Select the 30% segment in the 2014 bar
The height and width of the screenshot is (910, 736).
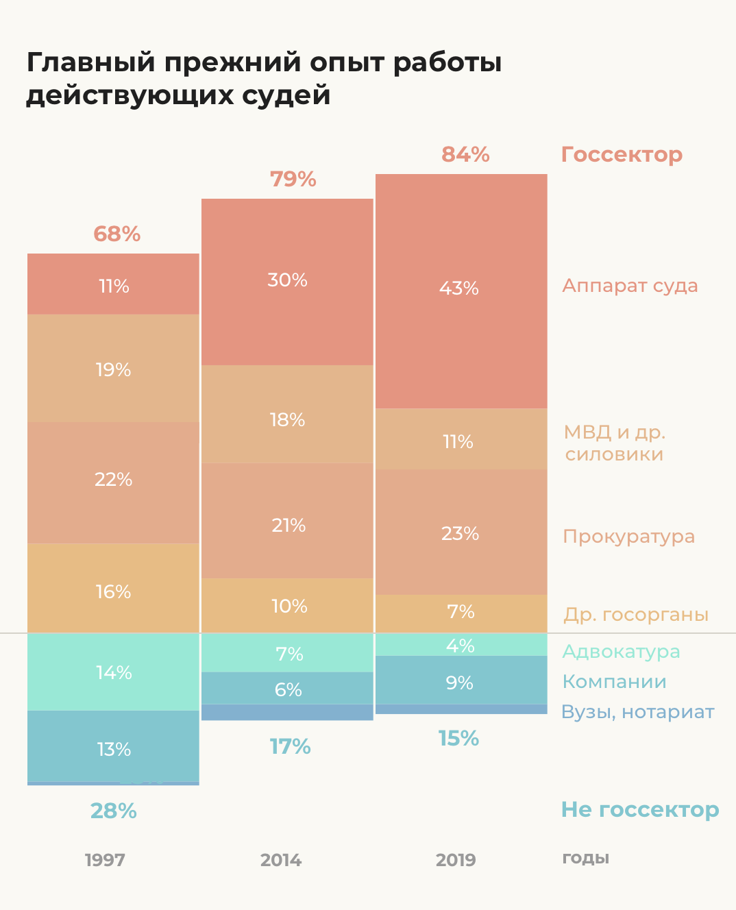pos(287,281)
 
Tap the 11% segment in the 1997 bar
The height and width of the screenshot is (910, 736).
pos(114,284)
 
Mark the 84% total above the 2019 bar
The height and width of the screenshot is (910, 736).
pos(465,155)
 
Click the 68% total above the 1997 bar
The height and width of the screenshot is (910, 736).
pos(117,234)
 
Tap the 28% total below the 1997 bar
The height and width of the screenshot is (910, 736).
pos(114,811)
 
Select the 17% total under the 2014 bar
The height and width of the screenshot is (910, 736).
pos(290,747)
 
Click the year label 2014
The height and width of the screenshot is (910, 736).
pos(281,860)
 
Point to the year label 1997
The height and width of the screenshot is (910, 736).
pos(105,860)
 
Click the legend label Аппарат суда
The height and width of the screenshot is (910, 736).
pos(630,286)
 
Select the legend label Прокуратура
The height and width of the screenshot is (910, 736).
pos(628,537)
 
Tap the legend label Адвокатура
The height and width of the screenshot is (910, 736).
pos(621,651)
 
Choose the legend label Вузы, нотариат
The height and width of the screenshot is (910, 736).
pos(637,712)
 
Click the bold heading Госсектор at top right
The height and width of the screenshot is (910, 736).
pos(622,155)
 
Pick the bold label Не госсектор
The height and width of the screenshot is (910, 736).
pos(640,810)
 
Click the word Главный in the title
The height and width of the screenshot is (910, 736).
pos(91,63)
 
